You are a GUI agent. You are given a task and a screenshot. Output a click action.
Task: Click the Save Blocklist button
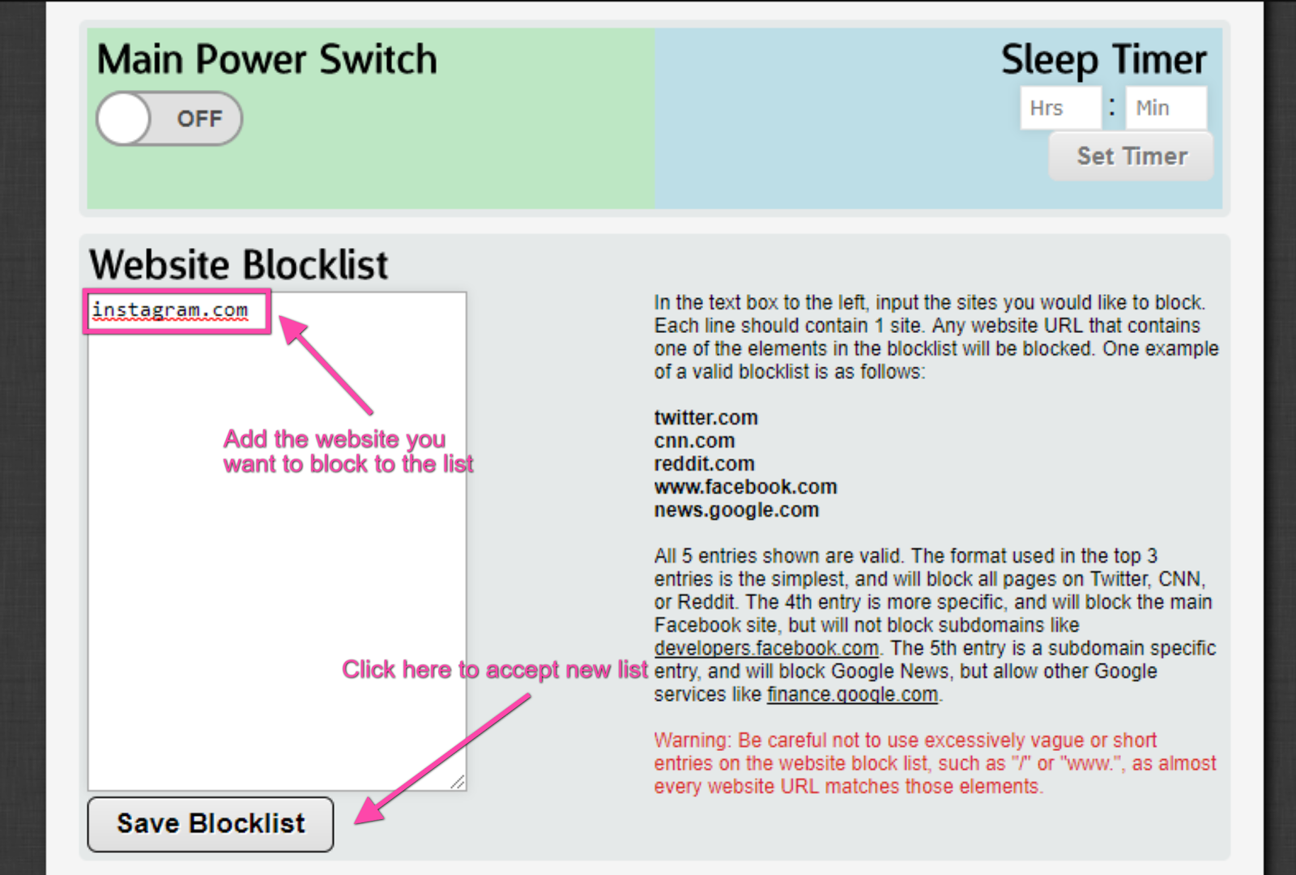(x=211, y=823)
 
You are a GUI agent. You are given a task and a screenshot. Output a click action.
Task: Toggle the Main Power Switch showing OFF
(x=169, y=118)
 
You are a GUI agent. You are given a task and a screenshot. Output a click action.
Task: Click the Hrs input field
(x=1060, y=108)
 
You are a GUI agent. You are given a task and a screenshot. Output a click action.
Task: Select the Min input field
(x=1166, y=108)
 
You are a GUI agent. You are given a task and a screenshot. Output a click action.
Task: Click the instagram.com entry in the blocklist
(x=170, y=310)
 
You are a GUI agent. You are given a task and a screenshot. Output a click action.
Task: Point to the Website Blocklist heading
(x=238, y=264)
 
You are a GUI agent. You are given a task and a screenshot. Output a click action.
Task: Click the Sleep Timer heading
(x=1104, y=60)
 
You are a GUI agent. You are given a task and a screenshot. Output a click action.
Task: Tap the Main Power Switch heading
(x=266, y=59)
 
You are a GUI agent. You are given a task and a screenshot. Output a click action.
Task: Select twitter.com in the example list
(x=706, y=417)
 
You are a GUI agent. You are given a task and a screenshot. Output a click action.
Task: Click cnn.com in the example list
(x=694, y=441)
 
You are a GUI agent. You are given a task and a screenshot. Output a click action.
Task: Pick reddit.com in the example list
(x=704, y=463)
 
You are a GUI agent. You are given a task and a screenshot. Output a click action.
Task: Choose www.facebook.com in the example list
(x=746, y=487)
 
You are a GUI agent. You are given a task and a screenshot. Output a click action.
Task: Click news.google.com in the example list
(x=736, y=510)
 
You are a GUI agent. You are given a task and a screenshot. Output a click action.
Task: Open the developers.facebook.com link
(x=766, y=648)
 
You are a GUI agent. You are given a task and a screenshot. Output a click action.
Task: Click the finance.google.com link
(x=853, y=694)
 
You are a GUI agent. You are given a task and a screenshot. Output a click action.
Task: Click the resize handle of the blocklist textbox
(x=458, y=783)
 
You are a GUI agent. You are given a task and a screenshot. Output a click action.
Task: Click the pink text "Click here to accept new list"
(x=495, y=669)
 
